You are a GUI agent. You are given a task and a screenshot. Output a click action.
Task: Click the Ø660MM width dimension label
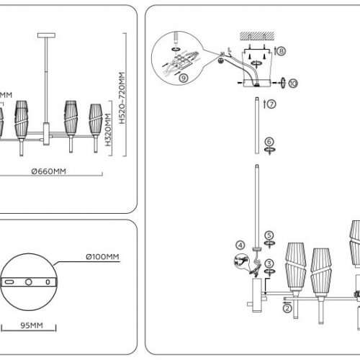point(48,171)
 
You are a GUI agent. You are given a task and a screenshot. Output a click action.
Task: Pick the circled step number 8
point(280,51)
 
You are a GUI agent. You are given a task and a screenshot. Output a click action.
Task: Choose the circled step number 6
point(269,142)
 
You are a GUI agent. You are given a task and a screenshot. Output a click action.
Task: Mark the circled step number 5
point(269,235)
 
